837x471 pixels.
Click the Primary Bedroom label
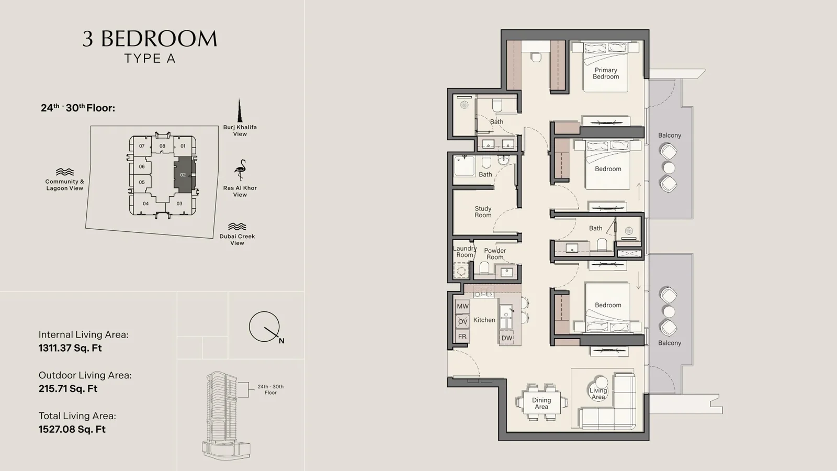tap(606, 73)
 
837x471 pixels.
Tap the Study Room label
tap(483, 212)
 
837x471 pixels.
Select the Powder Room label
tap(495, 254)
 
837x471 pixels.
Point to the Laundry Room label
tap(465, 252)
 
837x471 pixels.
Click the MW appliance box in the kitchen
tap(462, 306)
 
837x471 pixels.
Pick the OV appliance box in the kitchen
tap(462, 321)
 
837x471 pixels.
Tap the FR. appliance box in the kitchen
tap(462, 337)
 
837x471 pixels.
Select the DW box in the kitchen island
tap(507, 338)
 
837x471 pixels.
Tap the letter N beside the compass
tap(281, 341)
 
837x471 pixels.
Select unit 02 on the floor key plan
tap(183, 175)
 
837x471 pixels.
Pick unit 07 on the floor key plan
tap(142, 146)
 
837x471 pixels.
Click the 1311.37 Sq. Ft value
tap(70, 348)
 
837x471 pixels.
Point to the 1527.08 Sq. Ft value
tap(72, 429)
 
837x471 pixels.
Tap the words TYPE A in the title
tap(150, 59)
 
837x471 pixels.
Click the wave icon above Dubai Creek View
tap(237, 227)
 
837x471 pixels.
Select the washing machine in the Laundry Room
tap(461, 270)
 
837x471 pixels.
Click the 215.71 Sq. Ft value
tap(68, 389)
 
